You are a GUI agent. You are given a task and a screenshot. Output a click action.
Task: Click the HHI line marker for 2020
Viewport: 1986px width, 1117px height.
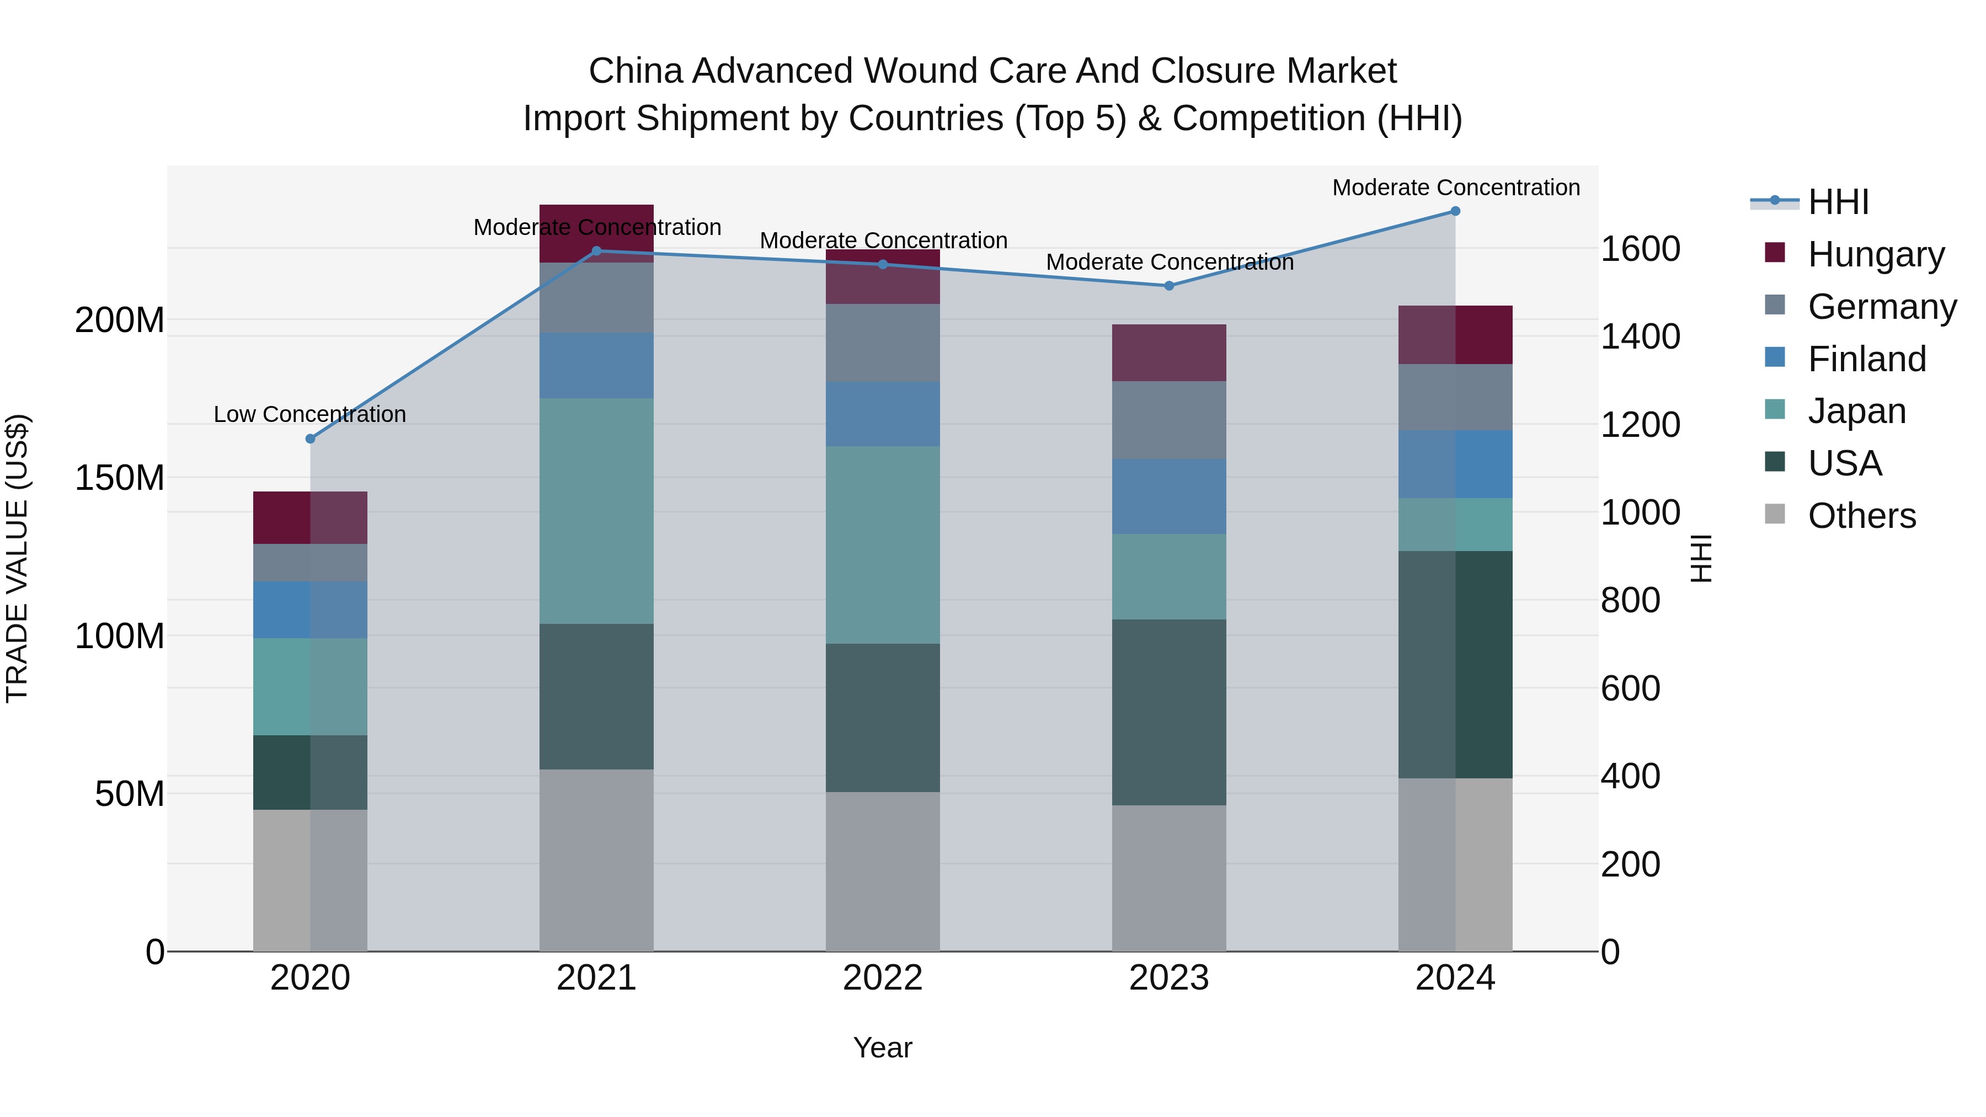[x=311, y=439]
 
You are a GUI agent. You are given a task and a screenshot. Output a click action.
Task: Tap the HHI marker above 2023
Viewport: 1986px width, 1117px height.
[x=1169, y=286]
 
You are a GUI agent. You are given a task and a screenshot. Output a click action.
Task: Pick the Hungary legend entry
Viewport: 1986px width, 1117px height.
[x=1875, y=254]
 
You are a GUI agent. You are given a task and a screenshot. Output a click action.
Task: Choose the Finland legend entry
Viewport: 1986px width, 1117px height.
[x=1866, y=359]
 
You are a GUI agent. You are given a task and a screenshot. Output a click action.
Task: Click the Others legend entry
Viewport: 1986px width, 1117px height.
[x=1861, y=516]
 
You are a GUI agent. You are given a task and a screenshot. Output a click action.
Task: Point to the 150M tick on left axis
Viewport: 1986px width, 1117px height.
[x=120, y=478]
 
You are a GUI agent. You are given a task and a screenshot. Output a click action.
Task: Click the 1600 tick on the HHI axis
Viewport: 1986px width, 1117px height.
[x=1641, y=249]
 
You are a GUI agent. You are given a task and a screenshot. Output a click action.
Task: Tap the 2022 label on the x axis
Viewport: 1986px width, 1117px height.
[x=883, y=978]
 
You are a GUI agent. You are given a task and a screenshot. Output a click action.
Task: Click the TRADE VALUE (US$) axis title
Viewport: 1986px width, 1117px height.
[x=17, y=558]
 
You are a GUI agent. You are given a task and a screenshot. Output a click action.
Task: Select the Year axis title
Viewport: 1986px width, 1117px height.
[x=883, y=1047]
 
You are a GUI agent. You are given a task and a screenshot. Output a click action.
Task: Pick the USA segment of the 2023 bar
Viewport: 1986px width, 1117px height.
[x=1169, y=712]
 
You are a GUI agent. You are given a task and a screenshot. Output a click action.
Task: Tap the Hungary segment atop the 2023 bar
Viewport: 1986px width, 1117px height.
[x=1169, y=352]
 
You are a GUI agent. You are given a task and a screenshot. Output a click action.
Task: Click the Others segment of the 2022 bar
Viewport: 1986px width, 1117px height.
[x=883, y=871]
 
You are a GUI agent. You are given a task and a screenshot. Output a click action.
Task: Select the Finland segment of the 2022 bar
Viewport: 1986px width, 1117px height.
[x=883, y=414]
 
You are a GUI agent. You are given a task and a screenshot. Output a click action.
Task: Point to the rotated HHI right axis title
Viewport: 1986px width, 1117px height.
[x=1701, y=558]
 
